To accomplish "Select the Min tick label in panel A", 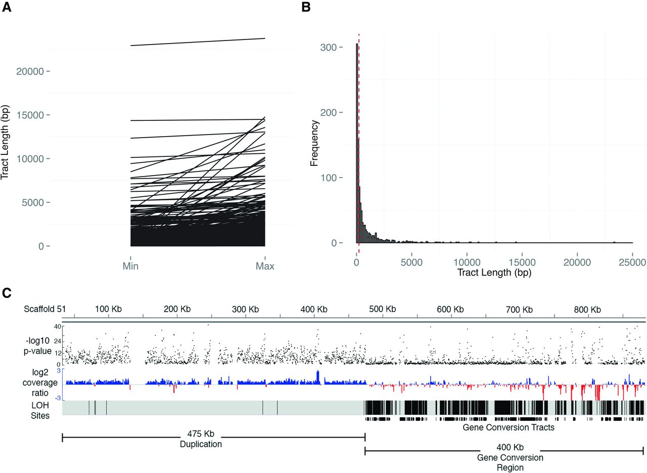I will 131,266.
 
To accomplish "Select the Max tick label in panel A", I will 265,266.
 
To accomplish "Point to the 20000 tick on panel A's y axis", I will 30,71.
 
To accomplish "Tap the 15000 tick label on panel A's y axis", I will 30,115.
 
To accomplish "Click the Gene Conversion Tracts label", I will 509,427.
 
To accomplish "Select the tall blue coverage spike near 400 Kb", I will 318,377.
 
